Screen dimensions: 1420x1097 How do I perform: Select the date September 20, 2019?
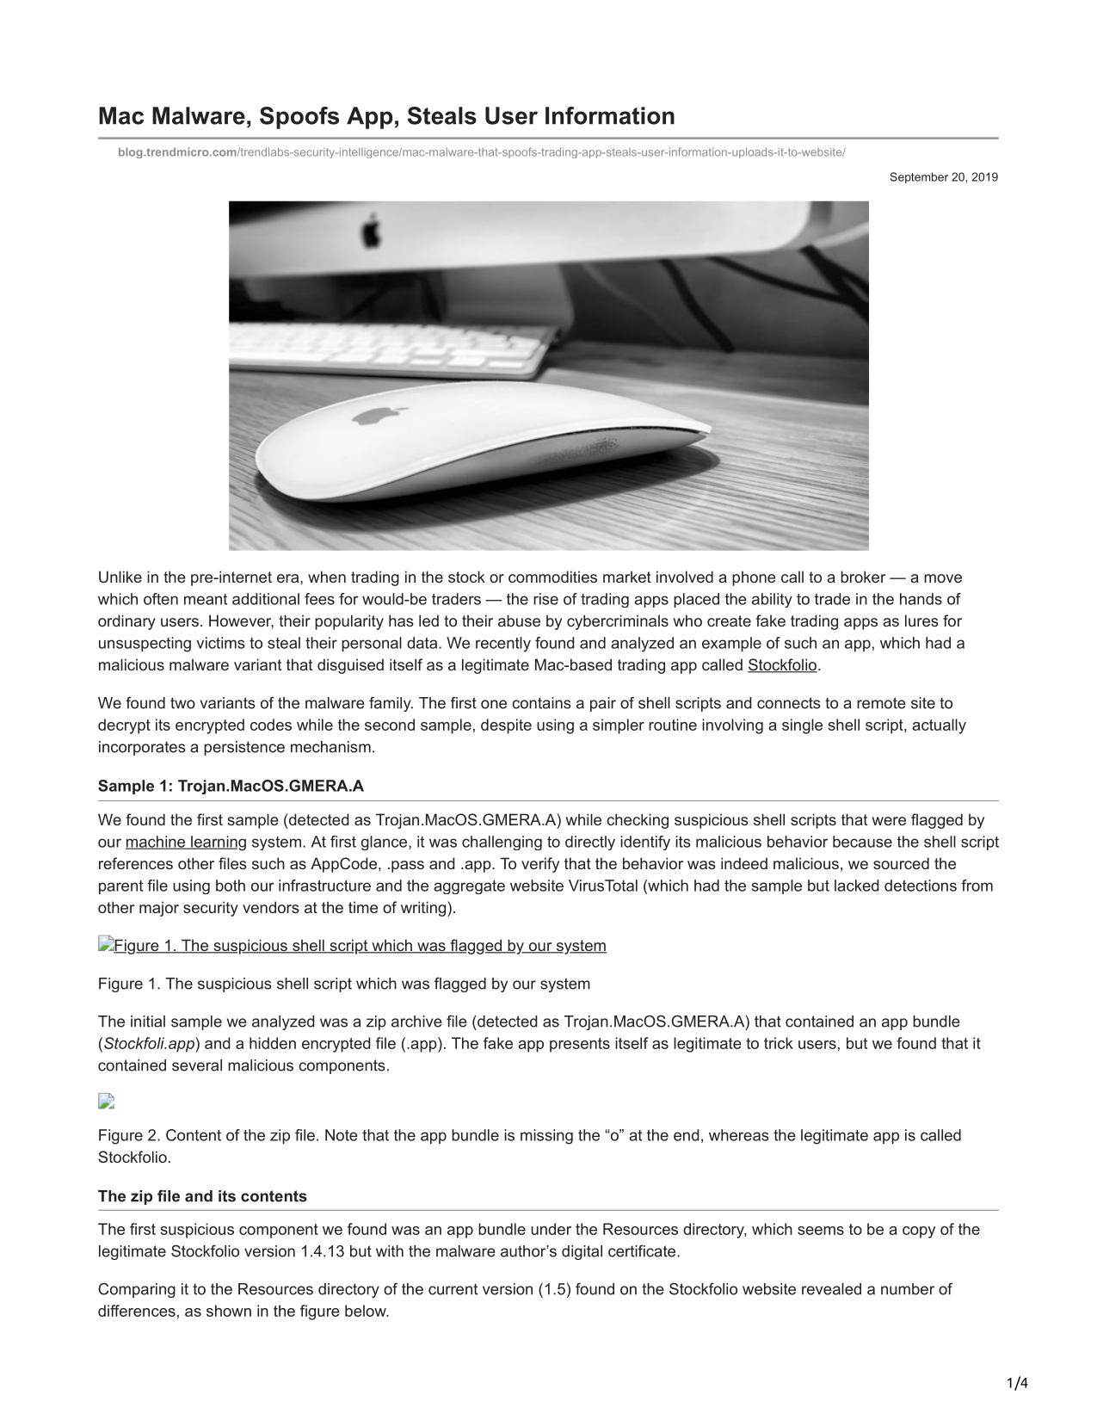point(943,177)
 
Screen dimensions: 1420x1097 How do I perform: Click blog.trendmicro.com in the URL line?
point(177,152)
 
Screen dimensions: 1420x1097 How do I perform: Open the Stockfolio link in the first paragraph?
point(781,665)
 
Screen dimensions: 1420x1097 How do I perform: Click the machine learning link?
point(186,842)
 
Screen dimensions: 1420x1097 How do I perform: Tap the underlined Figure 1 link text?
point(360,946)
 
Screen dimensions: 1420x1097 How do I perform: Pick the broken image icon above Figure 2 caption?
point(107,1101)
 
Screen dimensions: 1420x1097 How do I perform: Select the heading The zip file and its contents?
point(202,1196)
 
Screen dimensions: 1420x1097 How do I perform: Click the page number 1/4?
point(1017,1384)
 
